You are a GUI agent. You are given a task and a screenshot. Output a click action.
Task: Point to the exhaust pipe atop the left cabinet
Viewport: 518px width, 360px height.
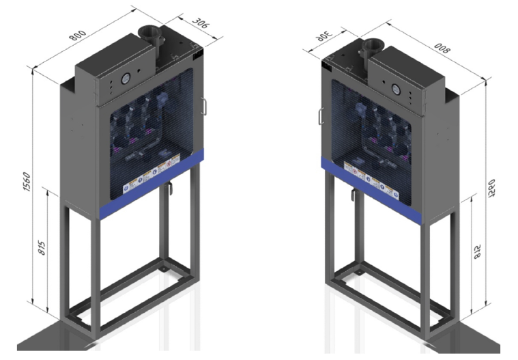point(148,39)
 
